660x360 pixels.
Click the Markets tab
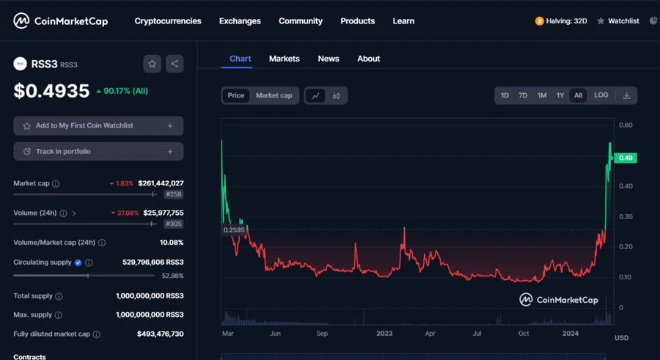(284, 59)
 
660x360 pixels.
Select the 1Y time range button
(560, 95)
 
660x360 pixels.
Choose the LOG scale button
(601, 95)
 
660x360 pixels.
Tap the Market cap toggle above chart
(274, 95)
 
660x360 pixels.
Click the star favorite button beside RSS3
(152, 64)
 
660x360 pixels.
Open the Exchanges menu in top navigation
(240, 21)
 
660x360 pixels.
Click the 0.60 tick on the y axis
(626, 125)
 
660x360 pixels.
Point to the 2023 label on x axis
(385, 333)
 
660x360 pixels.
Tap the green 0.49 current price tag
(626, 158)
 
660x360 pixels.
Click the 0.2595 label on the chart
(233, 229)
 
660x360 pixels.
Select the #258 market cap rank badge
(174, 194)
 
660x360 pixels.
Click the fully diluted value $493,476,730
(160, 334)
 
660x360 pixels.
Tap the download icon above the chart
(626, 95)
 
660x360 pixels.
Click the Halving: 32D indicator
(561, 21)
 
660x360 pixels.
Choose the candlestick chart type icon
(337, 95)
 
